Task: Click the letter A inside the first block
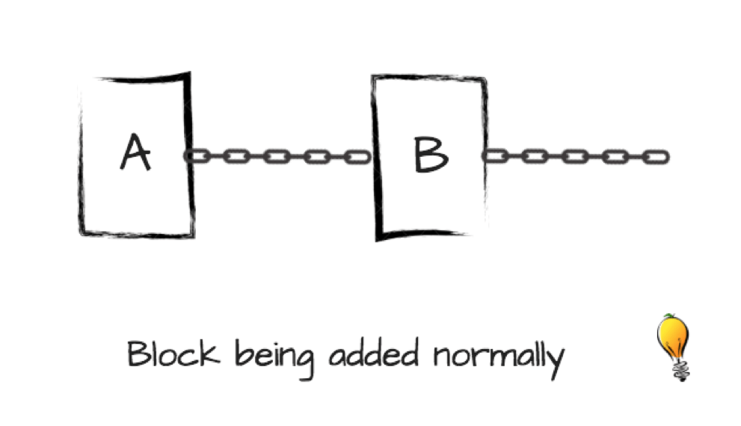(x=135, y=153)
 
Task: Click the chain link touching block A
(x=197, y=156)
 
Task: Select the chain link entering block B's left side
(x=357, y=157)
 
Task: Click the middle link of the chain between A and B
(x=277, y=157)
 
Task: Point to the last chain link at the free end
(x=655, y=157)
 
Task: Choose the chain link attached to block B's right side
(x=495, y=156)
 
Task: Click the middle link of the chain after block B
(x=574, y=157)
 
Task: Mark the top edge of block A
(x=138, y=78)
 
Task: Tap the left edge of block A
(x=82, y=157)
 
